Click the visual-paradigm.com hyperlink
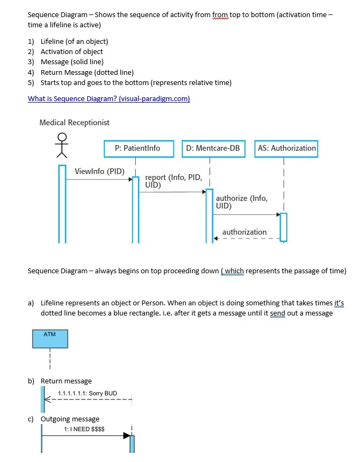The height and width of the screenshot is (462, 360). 109,98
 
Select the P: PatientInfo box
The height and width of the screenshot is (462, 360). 137,148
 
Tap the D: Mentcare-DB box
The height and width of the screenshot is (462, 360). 212,148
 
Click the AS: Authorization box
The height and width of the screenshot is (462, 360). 286,148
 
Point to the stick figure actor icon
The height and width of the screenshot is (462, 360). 63,145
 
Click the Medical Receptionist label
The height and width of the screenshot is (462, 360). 74,122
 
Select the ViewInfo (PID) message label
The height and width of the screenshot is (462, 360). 99,172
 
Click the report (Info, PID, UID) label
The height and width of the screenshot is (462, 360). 173,181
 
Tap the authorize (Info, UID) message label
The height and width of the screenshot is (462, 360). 241,202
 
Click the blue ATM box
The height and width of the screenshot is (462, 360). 50,339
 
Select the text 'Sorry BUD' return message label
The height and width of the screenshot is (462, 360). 88,393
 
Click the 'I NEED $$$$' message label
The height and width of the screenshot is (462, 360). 84,429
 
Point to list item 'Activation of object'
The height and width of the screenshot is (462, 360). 72,51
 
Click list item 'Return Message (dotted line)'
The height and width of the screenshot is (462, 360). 87,72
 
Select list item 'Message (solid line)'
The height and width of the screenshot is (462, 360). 72,62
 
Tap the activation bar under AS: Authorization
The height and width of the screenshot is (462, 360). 283,227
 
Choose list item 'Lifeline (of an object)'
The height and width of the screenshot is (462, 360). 74,41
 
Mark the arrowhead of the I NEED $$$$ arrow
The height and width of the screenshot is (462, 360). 127,436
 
